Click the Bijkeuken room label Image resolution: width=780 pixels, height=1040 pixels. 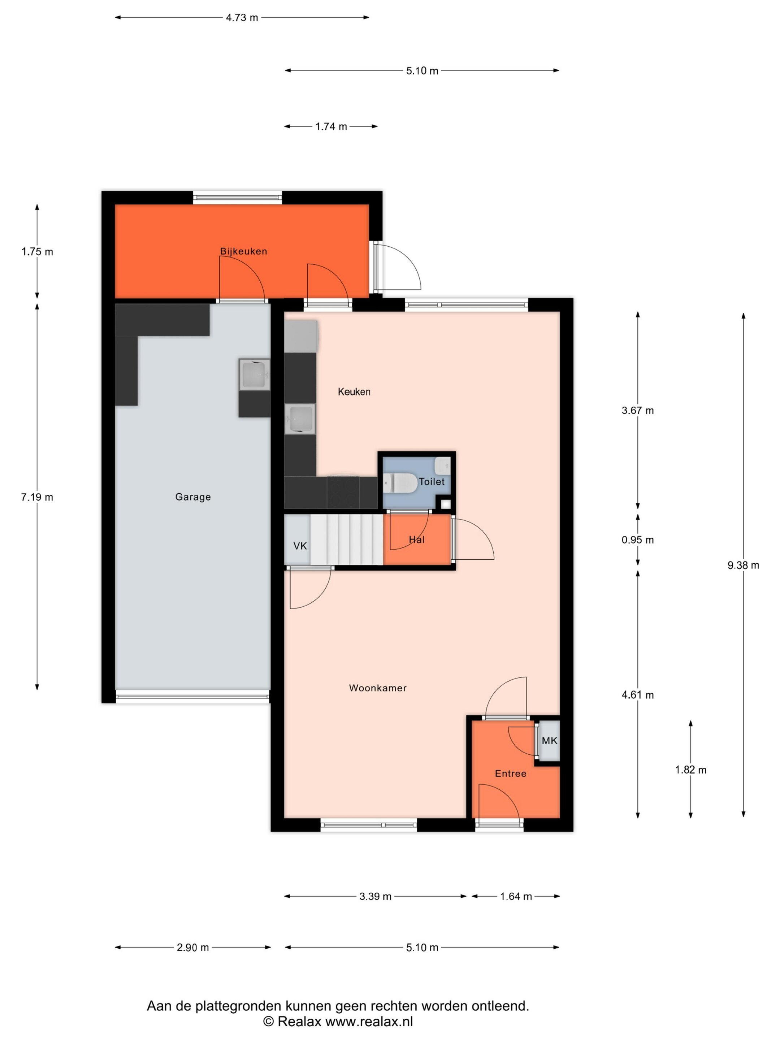coord(243,251)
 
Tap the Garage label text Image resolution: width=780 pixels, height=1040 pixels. coord(193,497)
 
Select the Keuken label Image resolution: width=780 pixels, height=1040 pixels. coord(354,392)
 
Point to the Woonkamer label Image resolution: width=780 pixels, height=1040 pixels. coord(377,688)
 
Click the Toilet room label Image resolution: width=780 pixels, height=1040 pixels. coord(432,481)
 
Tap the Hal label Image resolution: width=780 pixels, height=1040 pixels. coord(417,540)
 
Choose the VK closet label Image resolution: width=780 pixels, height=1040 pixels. coord(300,546)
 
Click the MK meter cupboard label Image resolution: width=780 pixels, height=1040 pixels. coord(549,741)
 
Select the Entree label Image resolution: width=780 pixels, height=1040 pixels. coord(511,773)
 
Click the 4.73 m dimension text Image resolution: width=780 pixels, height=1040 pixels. coord(242,18)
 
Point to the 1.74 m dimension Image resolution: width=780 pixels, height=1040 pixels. coord(331,126)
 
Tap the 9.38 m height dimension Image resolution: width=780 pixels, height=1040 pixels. coord(743,565)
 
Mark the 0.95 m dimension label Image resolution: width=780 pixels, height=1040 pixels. coord(637,540)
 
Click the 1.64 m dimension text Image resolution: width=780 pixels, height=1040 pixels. coord(516,897)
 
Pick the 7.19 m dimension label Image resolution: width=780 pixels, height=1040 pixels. coord(37,497)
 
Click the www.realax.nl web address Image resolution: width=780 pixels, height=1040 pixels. coord(369,1022)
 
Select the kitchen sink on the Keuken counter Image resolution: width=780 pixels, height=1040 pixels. coord(300,419)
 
